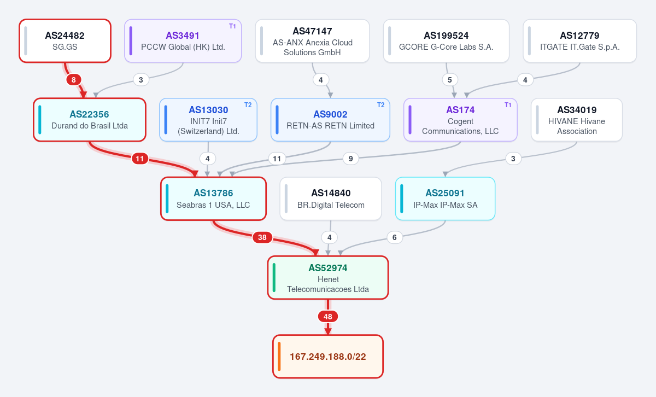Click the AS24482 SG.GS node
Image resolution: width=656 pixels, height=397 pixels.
pyautogui.click(x=65, y=40)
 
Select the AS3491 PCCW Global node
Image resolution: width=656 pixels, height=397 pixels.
pyautogui.click(x=183, y=40)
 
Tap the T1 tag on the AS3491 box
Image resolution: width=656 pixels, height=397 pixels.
pyautogui.click(x=232, y=26)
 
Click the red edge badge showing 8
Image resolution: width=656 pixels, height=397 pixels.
pyautogui.click(x=73, y=80)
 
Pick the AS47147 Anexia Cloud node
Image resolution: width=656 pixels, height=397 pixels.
pyautogui.click(x=312, y=40)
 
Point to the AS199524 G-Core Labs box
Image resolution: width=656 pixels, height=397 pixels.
pyautogui.click(x=446, y=40)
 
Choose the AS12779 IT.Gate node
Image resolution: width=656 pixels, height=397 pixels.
pyautogui.click(x=579, y=40)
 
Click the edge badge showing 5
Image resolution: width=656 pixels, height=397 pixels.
pyautogui.click(x=450, y=80)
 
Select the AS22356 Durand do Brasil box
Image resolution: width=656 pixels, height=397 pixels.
pyautogui.click(x=90, y=120)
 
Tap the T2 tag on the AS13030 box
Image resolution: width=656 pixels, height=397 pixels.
pyautogui.click(x=248, y=105)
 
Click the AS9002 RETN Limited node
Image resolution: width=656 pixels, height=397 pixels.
pyautogui.click(x=330, y=120)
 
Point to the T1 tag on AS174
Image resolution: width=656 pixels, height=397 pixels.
pyautogui.click(x=508, y=105)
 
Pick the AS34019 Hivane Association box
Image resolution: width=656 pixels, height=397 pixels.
pyautogui.click(x=577, y=120)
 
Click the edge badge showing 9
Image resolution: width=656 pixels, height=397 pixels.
pyautogui.click(x=350, y=159)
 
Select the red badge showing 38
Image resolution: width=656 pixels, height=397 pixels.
pyautogui.click(x=262, y=237)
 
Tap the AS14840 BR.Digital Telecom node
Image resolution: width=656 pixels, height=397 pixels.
pyautogui.click(x=331, y=198)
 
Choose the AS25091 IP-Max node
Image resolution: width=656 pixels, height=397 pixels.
pyautogui.click(x=445, y=198)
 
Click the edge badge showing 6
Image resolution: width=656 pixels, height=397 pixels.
pyautogui.click(x=395, y=237)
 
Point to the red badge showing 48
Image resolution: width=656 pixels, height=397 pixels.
pyautogui.click(x=328, y=317)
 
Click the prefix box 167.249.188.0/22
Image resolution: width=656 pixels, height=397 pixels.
pyautogui.click(x=328, y=357)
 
